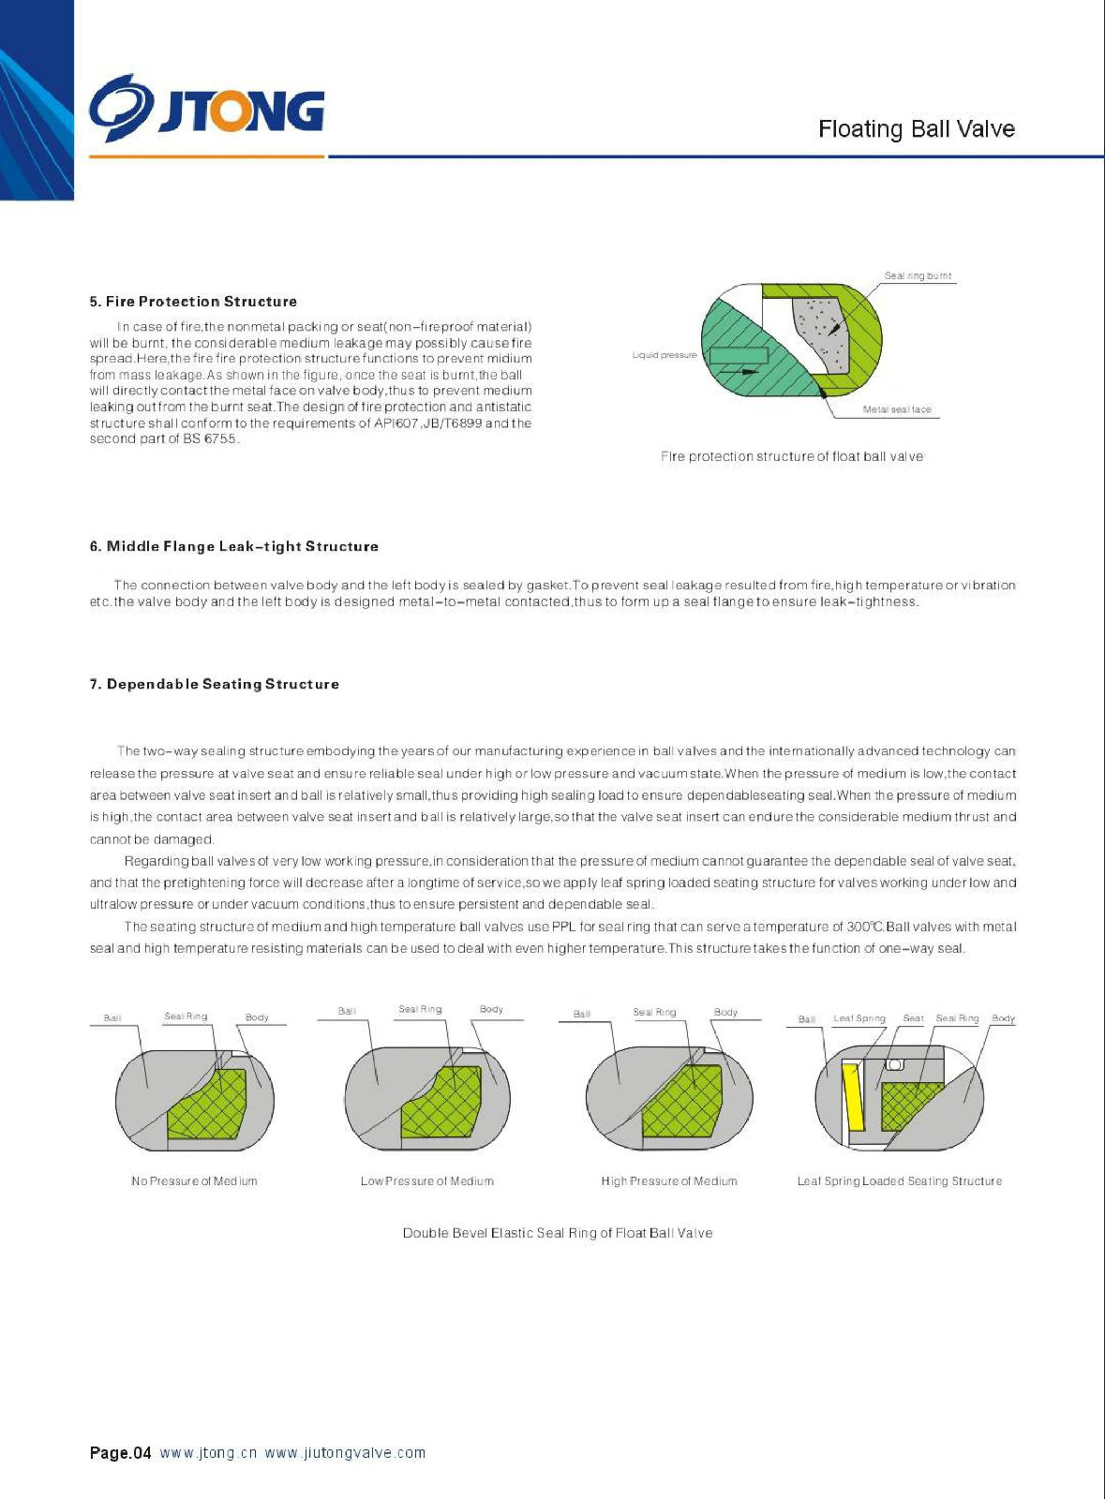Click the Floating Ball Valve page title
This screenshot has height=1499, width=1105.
(x=916, y=129)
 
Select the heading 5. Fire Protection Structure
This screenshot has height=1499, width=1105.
(x=193, y=302)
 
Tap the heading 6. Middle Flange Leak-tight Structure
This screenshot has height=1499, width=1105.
(x=234, y=546)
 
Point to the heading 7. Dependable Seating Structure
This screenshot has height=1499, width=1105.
(x=215, y=684)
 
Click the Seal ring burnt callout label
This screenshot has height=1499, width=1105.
(x=918, y=275)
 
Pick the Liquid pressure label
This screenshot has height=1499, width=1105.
(x=664, y=355)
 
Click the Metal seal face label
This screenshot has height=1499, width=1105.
(x=897, y=409)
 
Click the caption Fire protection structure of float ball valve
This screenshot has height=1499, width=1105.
(x=792, y=456)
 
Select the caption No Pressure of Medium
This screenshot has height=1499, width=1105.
(x=194, y=1181)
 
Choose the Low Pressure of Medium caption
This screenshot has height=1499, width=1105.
(x=427, y=1181)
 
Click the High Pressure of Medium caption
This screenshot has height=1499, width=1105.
(x=669, y=1181)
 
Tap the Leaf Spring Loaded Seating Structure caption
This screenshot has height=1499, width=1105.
(x=900, y=1181)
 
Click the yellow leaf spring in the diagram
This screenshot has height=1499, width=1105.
(x=853, y=1096)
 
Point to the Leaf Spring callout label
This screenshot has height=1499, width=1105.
(x=859, y=1018)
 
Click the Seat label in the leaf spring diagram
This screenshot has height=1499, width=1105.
(x=913, y=1018)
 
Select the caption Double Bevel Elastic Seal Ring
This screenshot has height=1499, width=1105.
(x=558, y=1233)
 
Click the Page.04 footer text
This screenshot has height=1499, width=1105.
(x=120, y=1453)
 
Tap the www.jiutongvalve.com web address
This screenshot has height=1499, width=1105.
(x=345, y=1453)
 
